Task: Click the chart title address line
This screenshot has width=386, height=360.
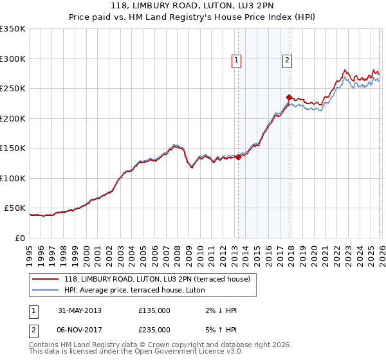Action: (x=192, y=6)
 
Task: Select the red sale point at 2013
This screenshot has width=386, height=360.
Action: (x=238, y=156)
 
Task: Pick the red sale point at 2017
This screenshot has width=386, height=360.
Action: (x=289, y=97)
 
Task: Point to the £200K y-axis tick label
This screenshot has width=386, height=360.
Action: (x=12, y=118)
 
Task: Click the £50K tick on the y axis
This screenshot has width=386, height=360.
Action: (x=14, y=208)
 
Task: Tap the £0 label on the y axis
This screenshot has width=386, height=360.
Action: (x=19, y=238)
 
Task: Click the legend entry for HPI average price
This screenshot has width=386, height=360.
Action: (x=134, y=290)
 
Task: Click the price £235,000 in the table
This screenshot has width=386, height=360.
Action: (x=154, y=329)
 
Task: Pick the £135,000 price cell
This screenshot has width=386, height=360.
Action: (x=154, y=310)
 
